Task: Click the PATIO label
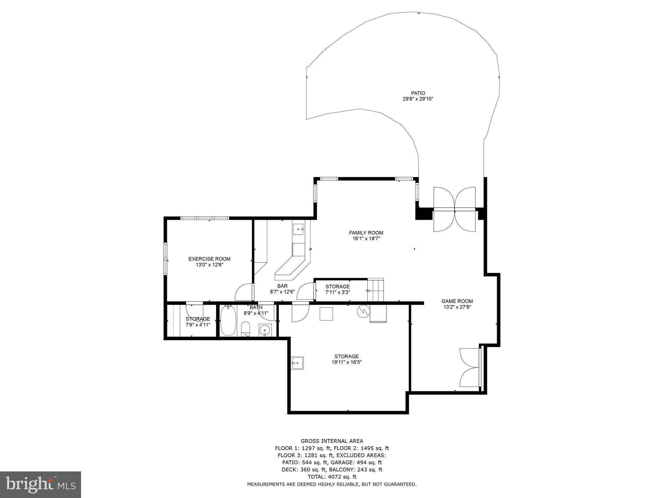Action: (418, 93)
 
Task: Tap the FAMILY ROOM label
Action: (366, 232)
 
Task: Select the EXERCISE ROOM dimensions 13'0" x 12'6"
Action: (209, 265)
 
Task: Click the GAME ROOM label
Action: (457, 301)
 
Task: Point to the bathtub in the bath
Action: (228, 321)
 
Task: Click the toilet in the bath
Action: (246, 329)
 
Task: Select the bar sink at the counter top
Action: (298, 229)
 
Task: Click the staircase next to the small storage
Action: (375, 290)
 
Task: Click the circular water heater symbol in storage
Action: (363, 311)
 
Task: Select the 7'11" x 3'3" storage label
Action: (338, 292)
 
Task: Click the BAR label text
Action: (282, 286)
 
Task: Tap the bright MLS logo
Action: (41, 484)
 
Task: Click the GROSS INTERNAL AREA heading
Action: (332, 441)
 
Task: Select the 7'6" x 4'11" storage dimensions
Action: (198, 325)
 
